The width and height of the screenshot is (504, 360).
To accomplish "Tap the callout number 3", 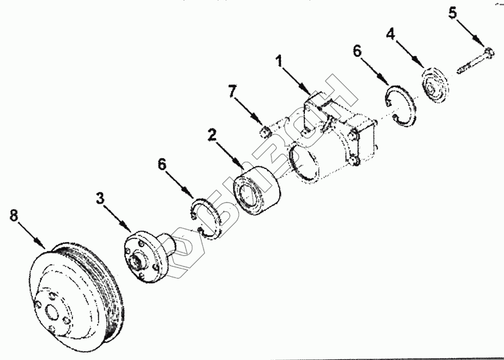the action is [x=100, y=199].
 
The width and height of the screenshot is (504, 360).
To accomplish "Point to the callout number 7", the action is [x=234, y=92].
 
